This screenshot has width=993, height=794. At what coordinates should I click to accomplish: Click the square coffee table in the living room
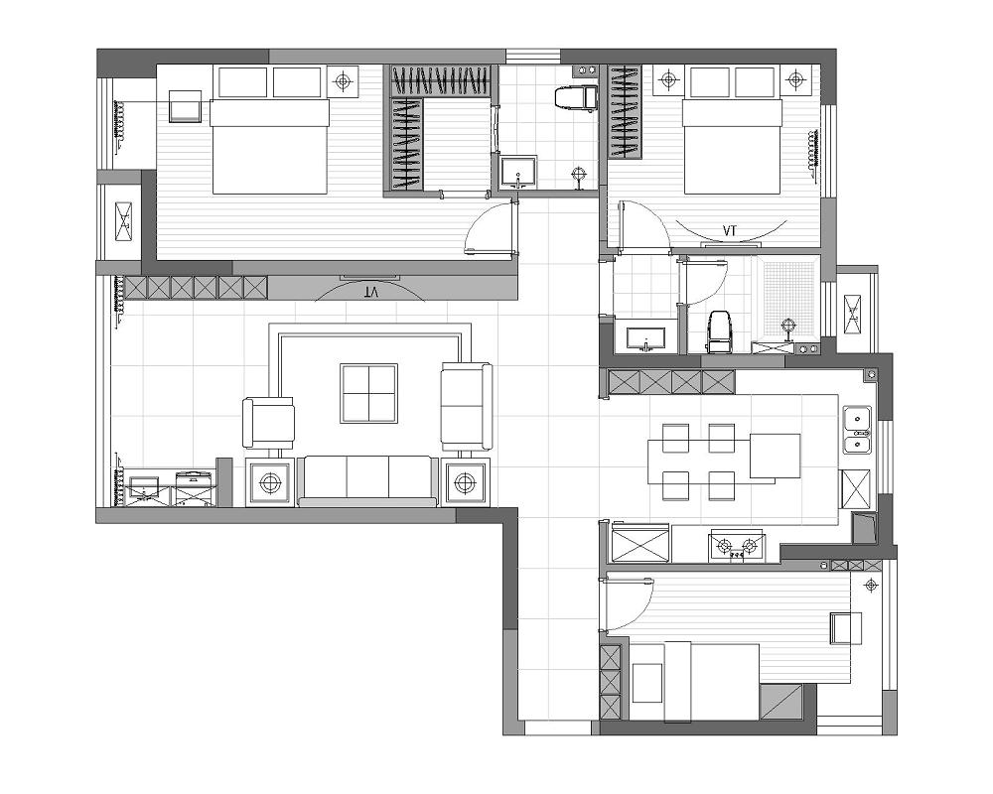[368, 393]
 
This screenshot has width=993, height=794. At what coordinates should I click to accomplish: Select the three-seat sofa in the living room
[368, 480]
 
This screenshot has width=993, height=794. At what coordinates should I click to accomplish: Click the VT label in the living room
[371, 293]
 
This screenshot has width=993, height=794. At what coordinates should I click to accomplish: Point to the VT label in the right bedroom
[730, 230]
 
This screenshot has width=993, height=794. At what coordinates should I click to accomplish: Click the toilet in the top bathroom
[576, 98]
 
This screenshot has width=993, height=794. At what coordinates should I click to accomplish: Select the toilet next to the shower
[719, 331]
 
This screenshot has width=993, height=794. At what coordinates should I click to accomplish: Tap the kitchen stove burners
[737, 545]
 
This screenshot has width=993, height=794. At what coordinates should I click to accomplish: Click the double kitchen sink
[857, 430]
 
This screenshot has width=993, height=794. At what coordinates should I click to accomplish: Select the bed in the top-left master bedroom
[270, 146]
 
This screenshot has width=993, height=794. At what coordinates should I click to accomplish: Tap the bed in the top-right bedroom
[732, 146]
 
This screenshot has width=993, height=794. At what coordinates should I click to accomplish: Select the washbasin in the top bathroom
[518, 173]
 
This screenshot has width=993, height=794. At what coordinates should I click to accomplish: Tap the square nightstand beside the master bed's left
[187, 106]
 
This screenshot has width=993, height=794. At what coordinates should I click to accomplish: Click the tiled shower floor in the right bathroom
[787, 298]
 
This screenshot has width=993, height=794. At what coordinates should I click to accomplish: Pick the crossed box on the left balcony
[123, 221]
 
